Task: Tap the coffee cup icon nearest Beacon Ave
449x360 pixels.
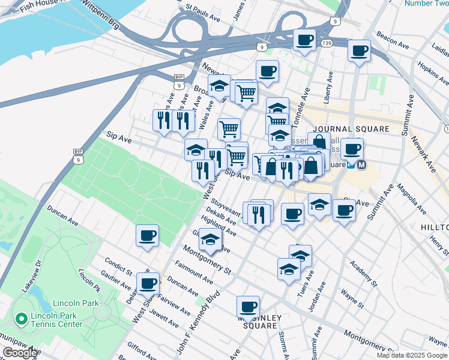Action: tap(359, 50)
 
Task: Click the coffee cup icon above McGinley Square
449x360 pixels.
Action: tap(248, 307)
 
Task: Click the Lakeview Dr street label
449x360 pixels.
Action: tap(31, 277)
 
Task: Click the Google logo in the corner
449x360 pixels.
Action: tap(20, 353)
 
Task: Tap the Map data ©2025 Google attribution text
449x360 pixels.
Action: tap(411, 355)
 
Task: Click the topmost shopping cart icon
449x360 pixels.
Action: tap(246, 92)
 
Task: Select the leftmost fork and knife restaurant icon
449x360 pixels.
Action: tap(162, 119)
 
